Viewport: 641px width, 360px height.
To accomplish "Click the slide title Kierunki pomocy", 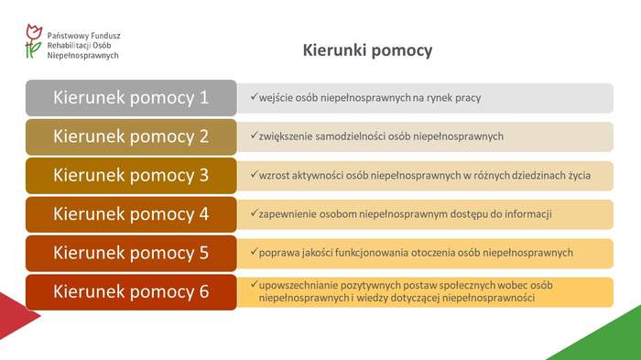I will point(367,51).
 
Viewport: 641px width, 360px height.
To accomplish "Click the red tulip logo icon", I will point(33,41).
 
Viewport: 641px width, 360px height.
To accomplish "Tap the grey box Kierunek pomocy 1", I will point(131,98).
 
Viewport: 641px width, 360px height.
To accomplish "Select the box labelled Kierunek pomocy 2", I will point(131,136).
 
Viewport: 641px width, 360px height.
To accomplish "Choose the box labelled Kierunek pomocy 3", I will point(131,175).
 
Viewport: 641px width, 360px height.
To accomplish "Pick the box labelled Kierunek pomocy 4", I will point(131,213).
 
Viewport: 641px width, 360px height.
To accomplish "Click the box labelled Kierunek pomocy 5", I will point(131,252).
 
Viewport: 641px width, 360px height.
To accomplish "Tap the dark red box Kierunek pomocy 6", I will point(131,291).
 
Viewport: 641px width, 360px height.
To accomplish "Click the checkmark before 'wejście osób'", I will point(254,96).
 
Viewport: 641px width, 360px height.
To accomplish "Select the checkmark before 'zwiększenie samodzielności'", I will point(254,136).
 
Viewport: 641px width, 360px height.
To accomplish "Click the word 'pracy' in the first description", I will point(468,97).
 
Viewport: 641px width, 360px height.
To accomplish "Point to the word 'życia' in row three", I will point(576,175).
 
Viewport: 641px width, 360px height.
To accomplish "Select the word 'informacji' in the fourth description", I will point(528,214).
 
